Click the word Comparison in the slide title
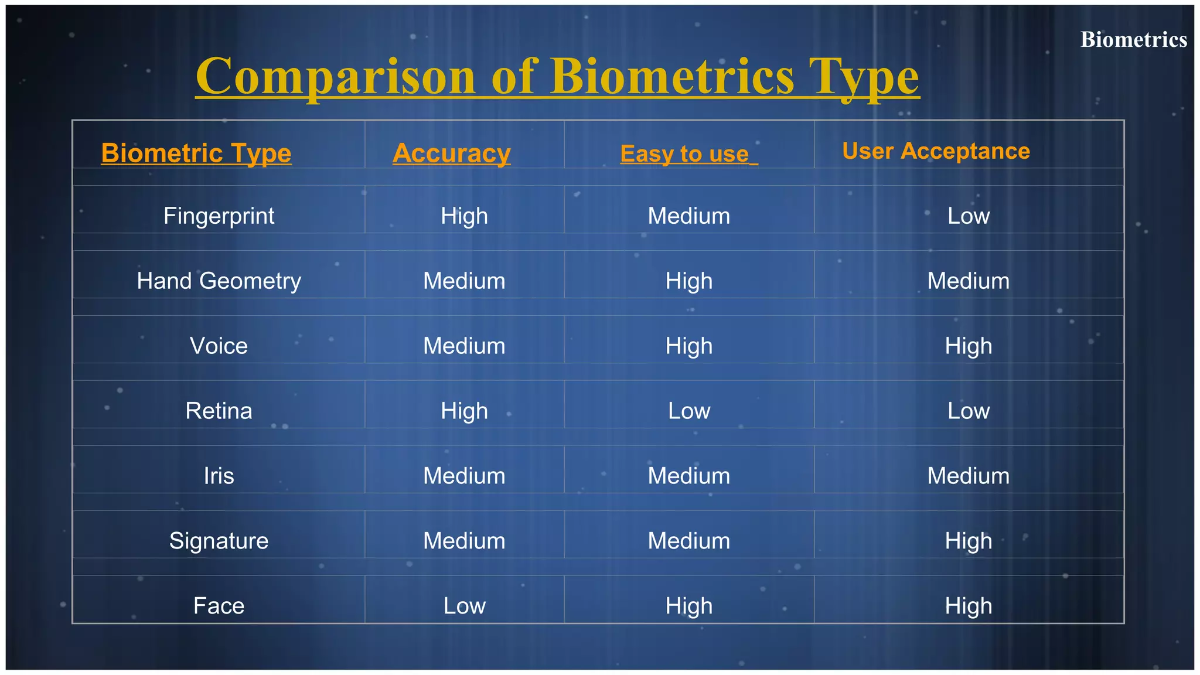335,77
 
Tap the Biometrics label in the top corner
1133,40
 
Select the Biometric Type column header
196,153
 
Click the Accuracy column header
451,153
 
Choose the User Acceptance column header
936,151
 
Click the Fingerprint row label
219,216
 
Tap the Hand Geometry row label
219,281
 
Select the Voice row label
219,346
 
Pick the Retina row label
219,411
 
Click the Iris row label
219,476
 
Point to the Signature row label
219,541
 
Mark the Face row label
219,606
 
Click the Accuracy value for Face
464,606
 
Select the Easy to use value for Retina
689,411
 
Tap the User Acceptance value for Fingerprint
969,216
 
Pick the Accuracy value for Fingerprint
464,216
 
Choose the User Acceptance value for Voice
969,346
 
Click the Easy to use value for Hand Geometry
689,281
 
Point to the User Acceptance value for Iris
969,476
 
